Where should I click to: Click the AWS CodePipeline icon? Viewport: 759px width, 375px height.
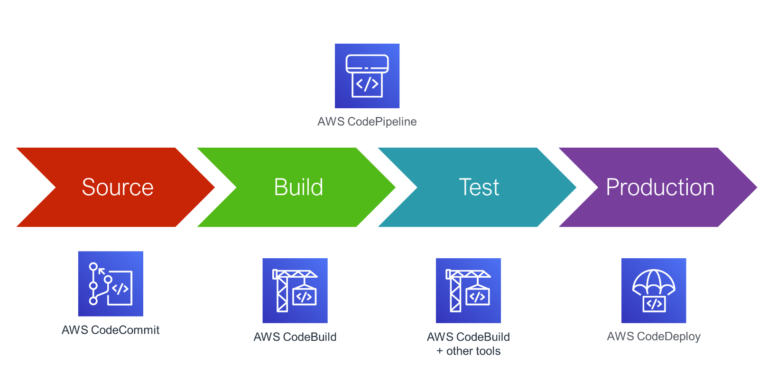[367, 76]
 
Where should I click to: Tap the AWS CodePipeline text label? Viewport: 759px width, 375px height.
[367, 122]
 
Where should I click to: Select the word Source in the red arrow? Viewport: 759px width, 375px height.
[118, 187]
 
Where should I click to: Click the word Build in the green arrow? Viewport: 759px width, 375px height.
[298, 187]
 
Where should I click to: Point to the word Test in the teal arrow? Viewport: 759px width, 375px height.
[479, 187]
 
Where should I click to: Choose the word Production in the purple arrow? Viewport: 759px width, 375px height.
[660, 187]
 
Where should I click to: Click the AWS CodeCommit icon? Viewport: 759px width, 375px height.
[111, 284]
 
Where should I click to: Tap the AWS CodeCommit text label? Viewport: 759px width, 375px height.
[111, 330]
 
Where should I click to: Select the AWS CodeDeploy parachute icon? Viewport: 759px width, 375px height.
[654, 291]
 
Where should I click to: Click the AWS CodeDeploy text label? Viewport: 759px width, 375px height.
[654, 337]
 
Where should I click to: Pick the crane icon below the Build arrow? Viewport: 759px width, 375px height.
[295, 291]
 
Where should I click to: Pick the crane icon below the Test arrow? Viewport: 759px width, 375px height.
[468, 291]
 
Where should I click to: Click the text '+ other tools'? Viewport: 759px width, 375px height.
[468, 351]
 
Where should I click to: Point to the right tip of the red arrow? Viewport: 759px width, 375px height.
[214, 187]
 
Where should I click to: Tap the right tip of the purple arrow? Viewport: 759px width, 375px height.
[757, 187]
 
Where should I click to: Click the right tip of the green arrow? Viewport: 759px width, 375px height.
[396, 187]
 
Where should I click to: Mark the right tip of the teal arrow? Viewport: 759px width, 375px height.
[576, 187]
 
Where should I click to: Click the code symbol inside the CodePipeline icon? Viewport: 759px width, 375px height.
[367, 84]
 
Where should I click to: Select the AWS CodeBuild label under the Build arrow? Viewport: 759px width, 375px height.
[295, 337]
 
